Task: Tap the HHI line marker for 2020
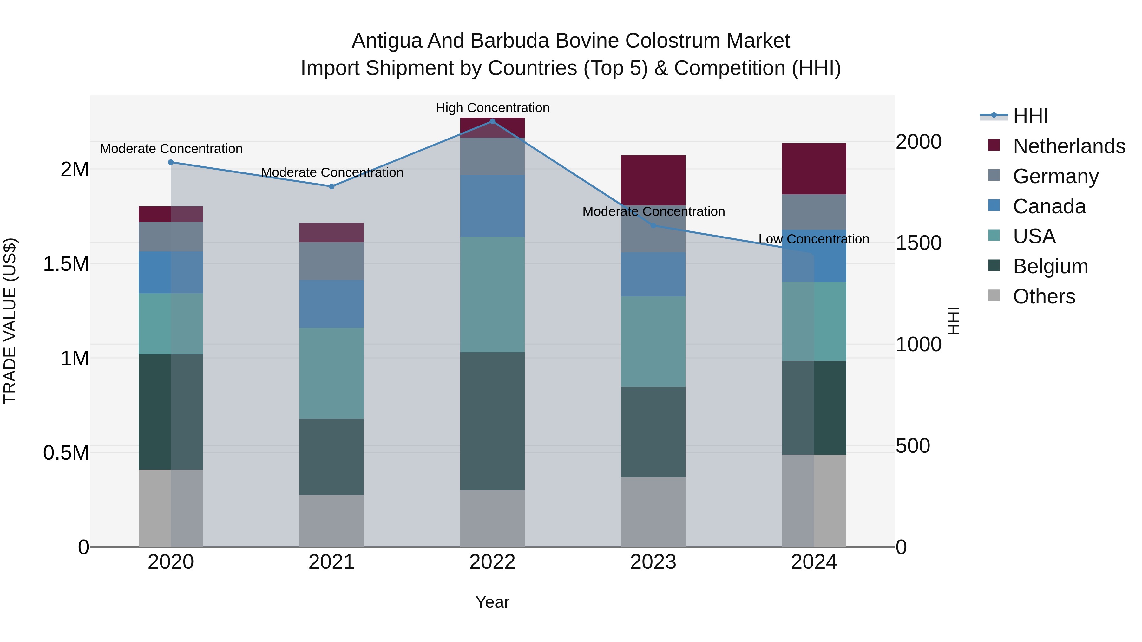click(x=171, y=162)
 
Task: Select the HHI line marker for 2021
click(x=331, y=186)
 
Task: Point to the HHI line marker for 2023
click(x=653, y=225)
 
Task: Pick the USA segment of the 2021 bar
click(x=331, y=373)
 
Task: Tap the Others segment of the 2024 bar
click(x=814, y=501)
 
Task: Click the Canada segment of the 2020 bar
click(x=171, y=272)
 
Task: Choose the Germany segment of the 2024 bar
click(x=814, y=212)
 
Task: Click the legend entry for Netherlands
click(x=1068, y=146)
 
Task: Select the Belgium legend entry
click(x=1050, y=266)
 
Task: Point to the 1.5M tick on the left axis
click(x=66, y=264)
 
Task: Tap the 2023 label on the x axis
click(x=653, y=562)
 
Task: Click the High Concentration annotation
click(x=493, y=108)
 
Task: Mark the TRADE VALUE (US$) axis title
click(x=10, y=321)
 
